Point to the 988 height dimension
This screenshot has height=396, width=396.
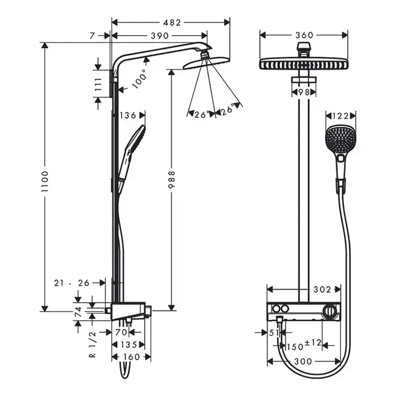(x=171, y=180)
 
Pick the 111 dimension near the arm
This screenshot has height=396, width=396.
(x=98, y=84)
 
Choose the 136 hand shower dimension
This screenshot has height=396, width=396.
(x=128, y=115)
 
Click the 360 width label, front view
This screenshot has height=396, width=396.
(x=304, y=35)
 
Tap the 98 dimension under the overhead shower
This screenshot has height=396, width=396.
(x=304, y=92)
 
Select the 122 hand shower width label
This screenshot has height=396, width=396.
(x=341, y=116)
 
